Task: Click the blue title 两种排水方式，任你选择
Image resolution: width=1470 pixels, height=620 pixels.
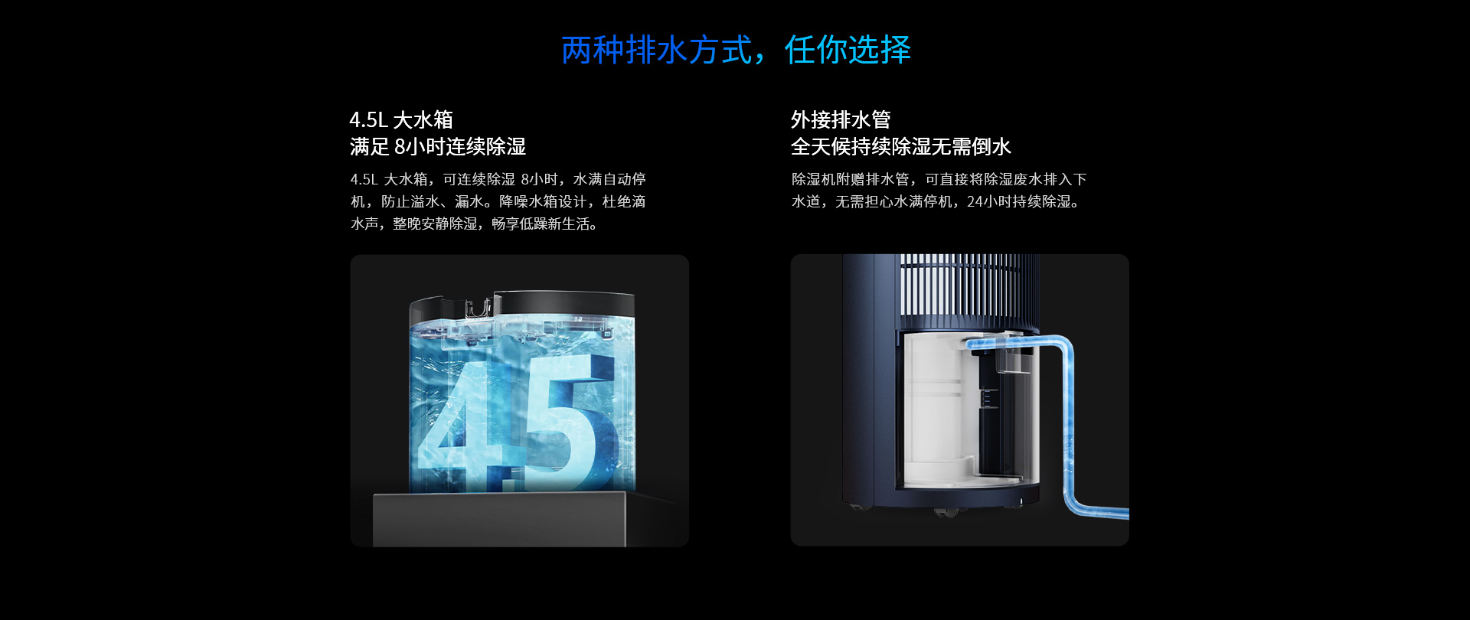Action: pyautogui.click(x=736, y=50)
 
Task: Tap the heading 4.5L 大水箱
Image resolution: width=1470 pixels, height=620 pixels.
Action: pyautogui.click(x=401, y=119)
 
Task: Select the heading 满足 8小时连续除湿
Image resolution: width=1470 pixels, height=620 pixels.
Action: pyautogui.click(x=438, y=146)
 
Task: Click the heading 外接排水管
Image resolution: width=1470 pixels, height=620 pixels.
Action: pyautogui.click(x=841, y=119)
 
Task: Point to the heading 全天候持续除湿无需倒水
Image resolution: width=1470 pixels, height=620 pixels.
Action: pyautogui.click(x=901, y=146)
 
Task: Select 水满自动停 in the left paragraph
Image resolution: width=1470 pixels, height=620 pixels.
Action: pyautogui.click(x=609, y=179)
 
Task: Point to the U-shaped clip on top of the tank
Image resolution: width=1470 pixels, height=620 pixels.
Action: pyautogui.click(x=478, y=309)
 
